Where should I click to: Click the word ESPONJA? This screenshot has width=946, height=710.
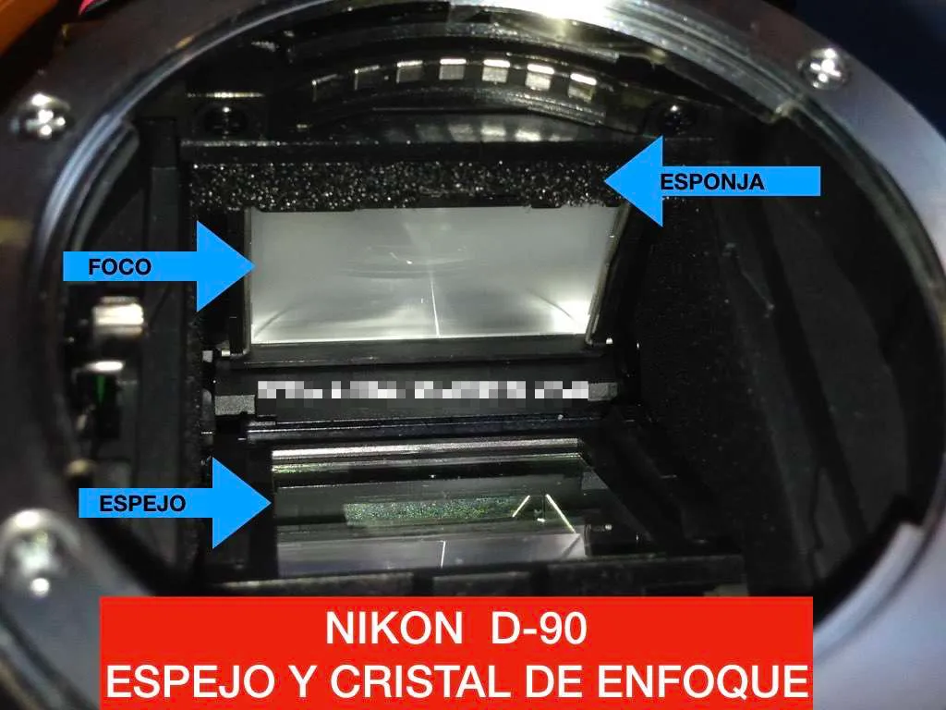712,182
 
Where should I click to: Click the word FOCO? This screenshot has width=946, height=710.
119,267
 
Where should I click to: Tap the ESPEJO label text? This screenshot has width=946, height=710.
143,504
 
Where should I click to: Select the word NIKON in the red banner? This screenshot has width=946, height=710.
388,630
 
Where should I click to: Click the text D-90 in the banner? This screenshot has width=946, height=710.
537,630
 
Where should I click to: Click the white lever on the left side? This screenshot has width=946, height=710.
120,315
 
